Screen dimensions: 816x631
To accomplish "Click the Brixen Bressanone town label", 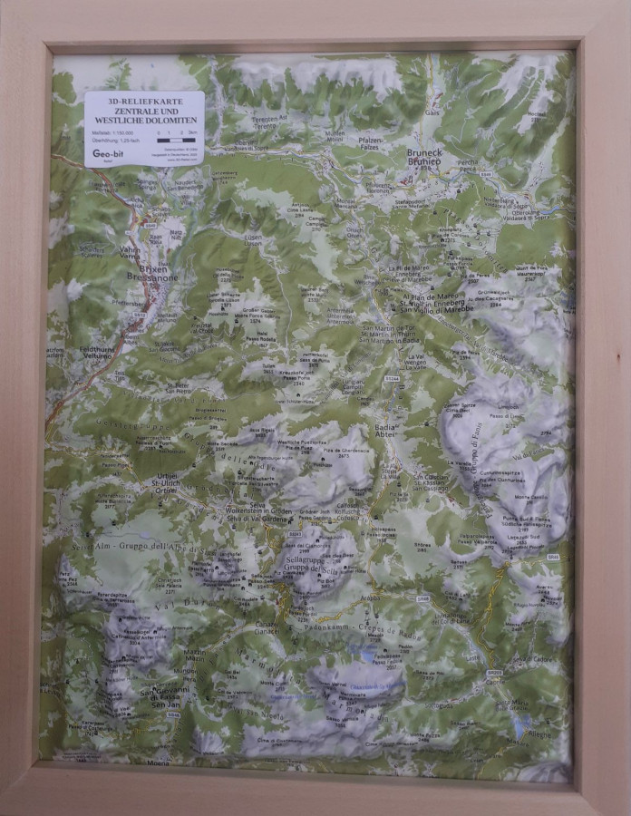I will click(146, 276).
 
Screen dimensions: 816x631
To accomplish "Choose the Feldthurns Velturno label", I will click(91, 352).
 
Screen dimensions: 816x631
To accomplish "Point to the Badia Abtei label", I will click(386, 430).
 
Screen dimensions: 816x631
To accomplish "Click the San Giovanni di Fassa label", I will click(164, 695).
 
